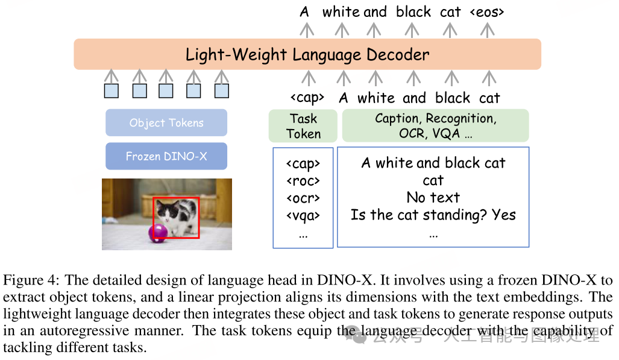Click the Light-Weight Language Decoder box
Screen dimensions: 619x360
307,54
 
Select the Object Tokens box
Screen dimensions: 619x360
166,123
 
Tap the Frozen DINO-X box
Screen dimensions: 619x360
166,156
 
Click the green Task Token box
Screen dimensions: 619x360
303,126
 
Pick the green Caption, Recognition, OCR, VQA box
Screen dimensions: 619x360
435,126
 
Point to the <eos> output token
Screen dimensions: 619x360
486,11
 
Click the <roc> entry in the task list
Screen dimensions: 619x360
303,180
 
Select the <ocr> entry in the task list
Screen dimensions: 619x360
303,198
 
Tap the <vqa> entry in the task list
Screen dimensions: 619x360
303,215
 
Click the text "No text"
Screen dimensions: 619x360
433,197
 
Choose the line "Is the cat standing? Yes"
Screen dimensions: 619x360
433,215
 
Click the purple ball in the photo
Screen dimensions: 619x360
158,232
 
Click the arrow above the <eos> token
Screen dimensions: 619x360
486,29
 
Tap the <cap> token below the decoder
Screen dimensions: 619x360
307,98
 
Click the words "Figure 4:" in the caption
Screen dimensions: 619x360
31,280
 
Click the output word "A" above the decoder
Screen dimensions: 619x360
304,11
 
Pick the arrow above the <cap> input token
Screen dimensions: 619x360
308,78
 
